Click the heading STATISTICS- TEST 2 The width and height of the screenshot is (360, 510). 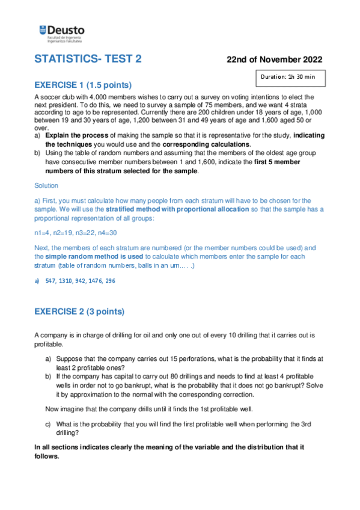coord(88,59)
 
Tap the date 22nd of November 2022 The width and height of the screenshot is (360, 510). coord(274,60)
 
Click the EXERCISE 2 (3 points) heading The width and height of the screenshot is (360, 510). coord(79,312)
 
